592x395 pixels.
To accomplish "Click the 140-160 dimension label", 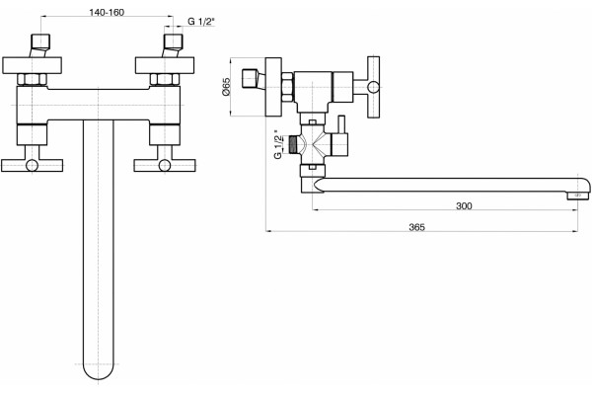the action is tap(107, 13).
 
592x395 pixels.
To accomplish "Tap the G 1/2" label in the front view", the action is tap(201, 21).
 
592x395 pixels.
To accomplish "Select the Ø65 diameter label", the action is tap(226, 87).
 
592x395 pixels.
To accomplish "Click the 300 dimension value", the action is tap(464, 206).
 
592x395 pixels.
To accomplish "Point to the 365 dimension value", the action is tap(416, 227).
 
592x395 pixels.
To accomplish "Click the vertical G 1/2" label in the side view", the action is tap(278, 144).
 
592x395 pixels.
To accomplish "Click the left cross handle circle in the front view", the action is tap(33, 165).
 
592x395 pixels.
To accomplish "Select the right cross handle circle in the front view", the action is tap(165, 165).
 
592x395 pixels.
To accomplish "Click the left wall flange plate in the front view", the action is tap(33, 65).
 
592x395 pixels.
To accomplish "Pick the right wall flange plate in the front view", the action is tap(165, 65).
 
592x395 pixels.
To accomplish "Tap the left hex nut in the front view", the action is tap(33, 79).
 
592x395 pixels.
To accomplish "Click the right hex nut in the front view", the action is tap(165, 79).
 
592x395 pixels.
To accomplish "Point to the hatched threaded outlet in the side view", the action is tap(293, 145).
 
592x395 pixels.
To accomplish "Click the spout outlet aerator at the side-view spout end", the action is tap(578, 196).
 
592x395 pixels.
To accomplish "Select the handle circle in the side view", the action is tap(373, 87).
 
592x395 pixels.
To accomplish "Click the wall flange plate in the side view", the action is tap(273, 87).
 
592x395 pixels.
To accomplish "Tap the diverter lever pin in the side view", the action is tap(341, 124).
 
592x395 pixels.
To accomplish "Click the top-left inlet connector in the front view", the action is tap(40, 45).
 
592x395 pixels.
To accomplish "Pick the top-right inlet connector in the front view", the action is tap(173, 45).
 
